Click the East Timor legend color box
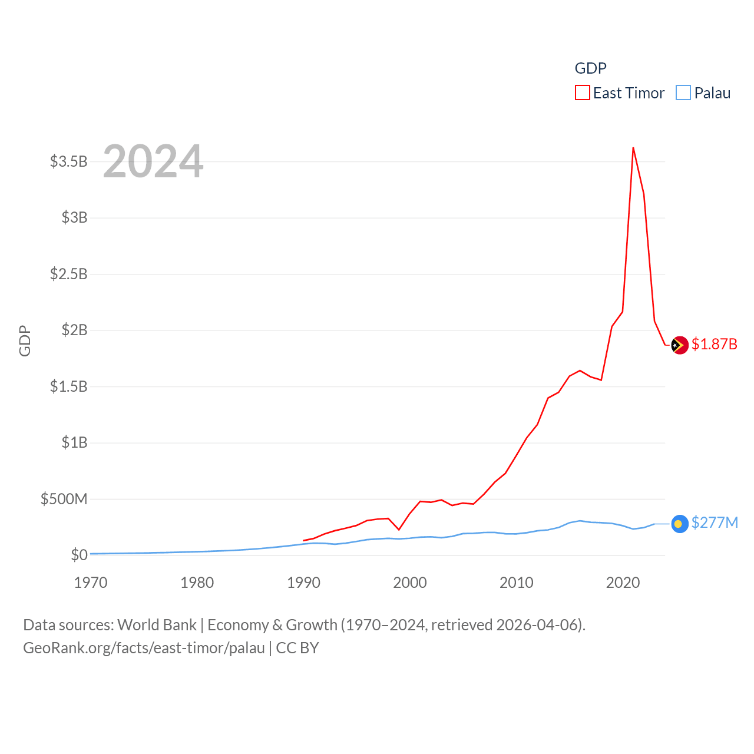(582, 93)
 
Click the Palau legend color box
(683, 93)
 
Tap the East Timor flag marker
(680, 345)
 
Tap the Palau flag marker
(680, 524)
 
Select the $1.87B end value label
(714, 344)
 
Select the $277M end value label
(715, 522)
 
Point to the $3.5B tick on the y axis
(68, 161)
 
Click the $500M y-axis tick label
(64, 500)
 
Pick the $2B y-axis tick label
(74, 330)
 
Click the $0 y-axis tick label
(79, 555)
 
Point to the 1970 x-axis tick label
(91, 583)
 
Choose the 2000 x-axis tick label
(410, 583)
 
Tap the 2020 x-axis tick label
(623, 583)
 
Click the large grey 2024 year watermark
(153, 161)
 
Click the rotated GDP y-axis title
(25, 340)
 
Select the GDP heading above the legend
(590, 68)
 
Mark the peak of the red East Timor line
(633, 148)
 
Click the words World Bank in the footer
(157, 625)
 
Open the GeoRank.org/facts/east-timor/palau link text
(144, 648)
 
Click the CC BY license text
(297, 648)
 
